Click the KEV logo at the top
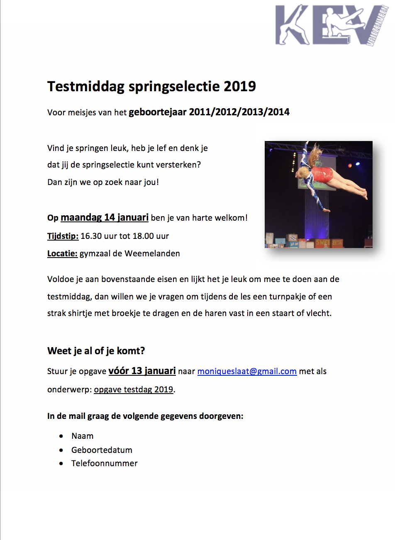(x=330, y=25)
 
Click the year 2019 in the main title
(x=240, y=86)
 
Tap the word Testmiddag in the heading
(x=86, y=86)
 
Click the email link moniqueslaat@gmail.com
(x=247, y=371)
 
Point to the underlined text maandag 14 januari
(x=105, y=218)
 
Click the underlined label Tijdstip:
(x=63, y=236)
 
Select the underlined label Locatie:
(x=62, y=253)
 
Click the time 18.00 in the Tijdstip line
(x=143, y=236)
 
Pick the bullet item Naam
(x=82, y=436)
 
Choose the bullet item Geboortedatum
(x=102, y=450)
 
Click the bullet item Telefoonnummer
(x=104, y=463)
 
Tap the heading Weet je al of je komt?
(x=96, y=351)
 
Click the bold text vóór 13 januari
(x=142, y=371)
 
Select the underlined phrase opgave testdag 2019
(x=134, y=389)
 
